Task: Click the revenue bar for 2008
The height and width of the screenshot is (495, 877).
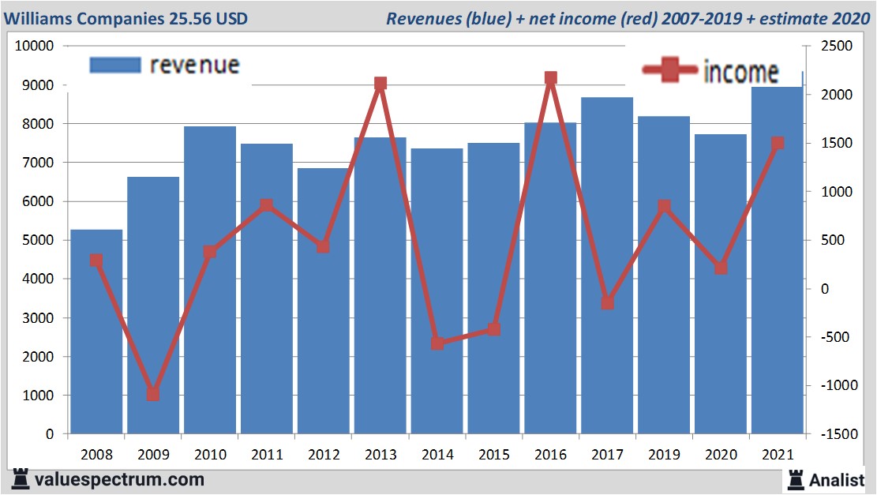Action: click(96, 332)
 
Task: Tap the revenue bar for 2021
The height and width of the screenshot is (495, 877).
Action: click(777, 261)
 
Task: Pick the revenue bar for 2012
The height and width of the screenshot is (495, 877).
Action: click(323, 301)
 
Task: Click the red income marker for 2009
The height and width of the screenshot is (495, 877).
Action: click(153, 394)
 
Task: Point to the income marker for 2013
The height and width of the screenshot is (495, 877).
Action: click(380, 84)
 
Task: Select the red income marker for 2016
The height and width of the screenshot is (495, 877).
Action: click(550, 78)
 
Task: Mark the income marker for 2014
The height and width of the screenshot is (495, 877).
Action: click(437, 343)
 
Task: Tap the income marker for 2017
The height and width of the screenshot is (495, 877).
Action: click(607, 303)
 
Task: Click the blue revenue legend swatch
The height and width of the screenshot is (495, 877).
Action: click(115, 65)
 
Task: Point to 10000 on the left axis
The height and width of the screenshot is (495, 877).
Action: click(34, 46)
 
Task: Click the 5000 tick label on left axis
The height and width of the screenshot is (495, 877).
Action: click(38, 240)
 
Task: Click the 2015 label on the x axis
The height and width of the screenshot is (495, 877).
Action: click(493, 455)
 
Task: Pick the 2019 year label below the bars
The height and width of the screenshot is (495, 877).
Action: click(664, 455)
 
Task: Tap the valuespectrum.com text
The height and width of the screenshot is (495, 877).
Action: click(118, 479)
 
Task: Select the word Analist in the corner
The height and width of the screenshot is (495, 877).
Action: click(837, 479)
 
